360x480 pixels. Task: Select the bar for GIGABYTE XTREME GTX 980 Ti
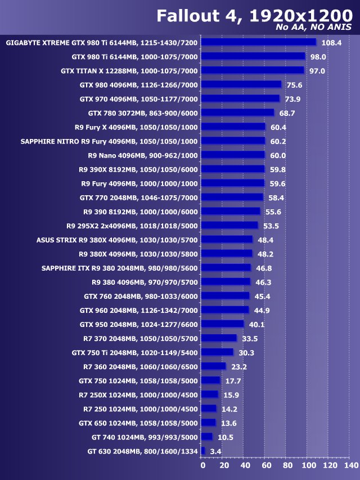pos(259,42)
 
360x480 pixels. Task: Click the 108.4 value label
pos(331,43)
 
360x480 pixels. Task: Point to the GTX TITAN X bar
pos(252,70)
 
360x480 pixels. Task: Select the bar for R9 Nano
pos(233,155)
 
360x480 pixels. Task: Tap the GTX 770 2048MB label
pos(138,198)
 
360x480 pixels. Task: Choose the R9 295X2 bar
pos(229,226)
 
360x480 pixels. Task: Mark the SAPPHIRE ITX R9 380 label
pos(119,268)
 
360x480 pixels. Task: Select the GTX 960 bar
pos(225,310)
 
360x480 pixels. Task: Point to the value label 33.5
pos(250,339)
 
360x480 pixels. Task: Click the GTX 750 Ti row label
pos(134,352)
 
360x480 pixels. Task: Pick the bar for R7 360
pos(213,366)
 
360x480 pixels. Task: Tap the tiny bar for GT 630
pos(203,451)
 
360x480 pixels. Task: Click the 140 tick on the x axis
pos(350,466)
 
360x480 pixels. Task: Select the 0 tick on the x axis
pos(202,466)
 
